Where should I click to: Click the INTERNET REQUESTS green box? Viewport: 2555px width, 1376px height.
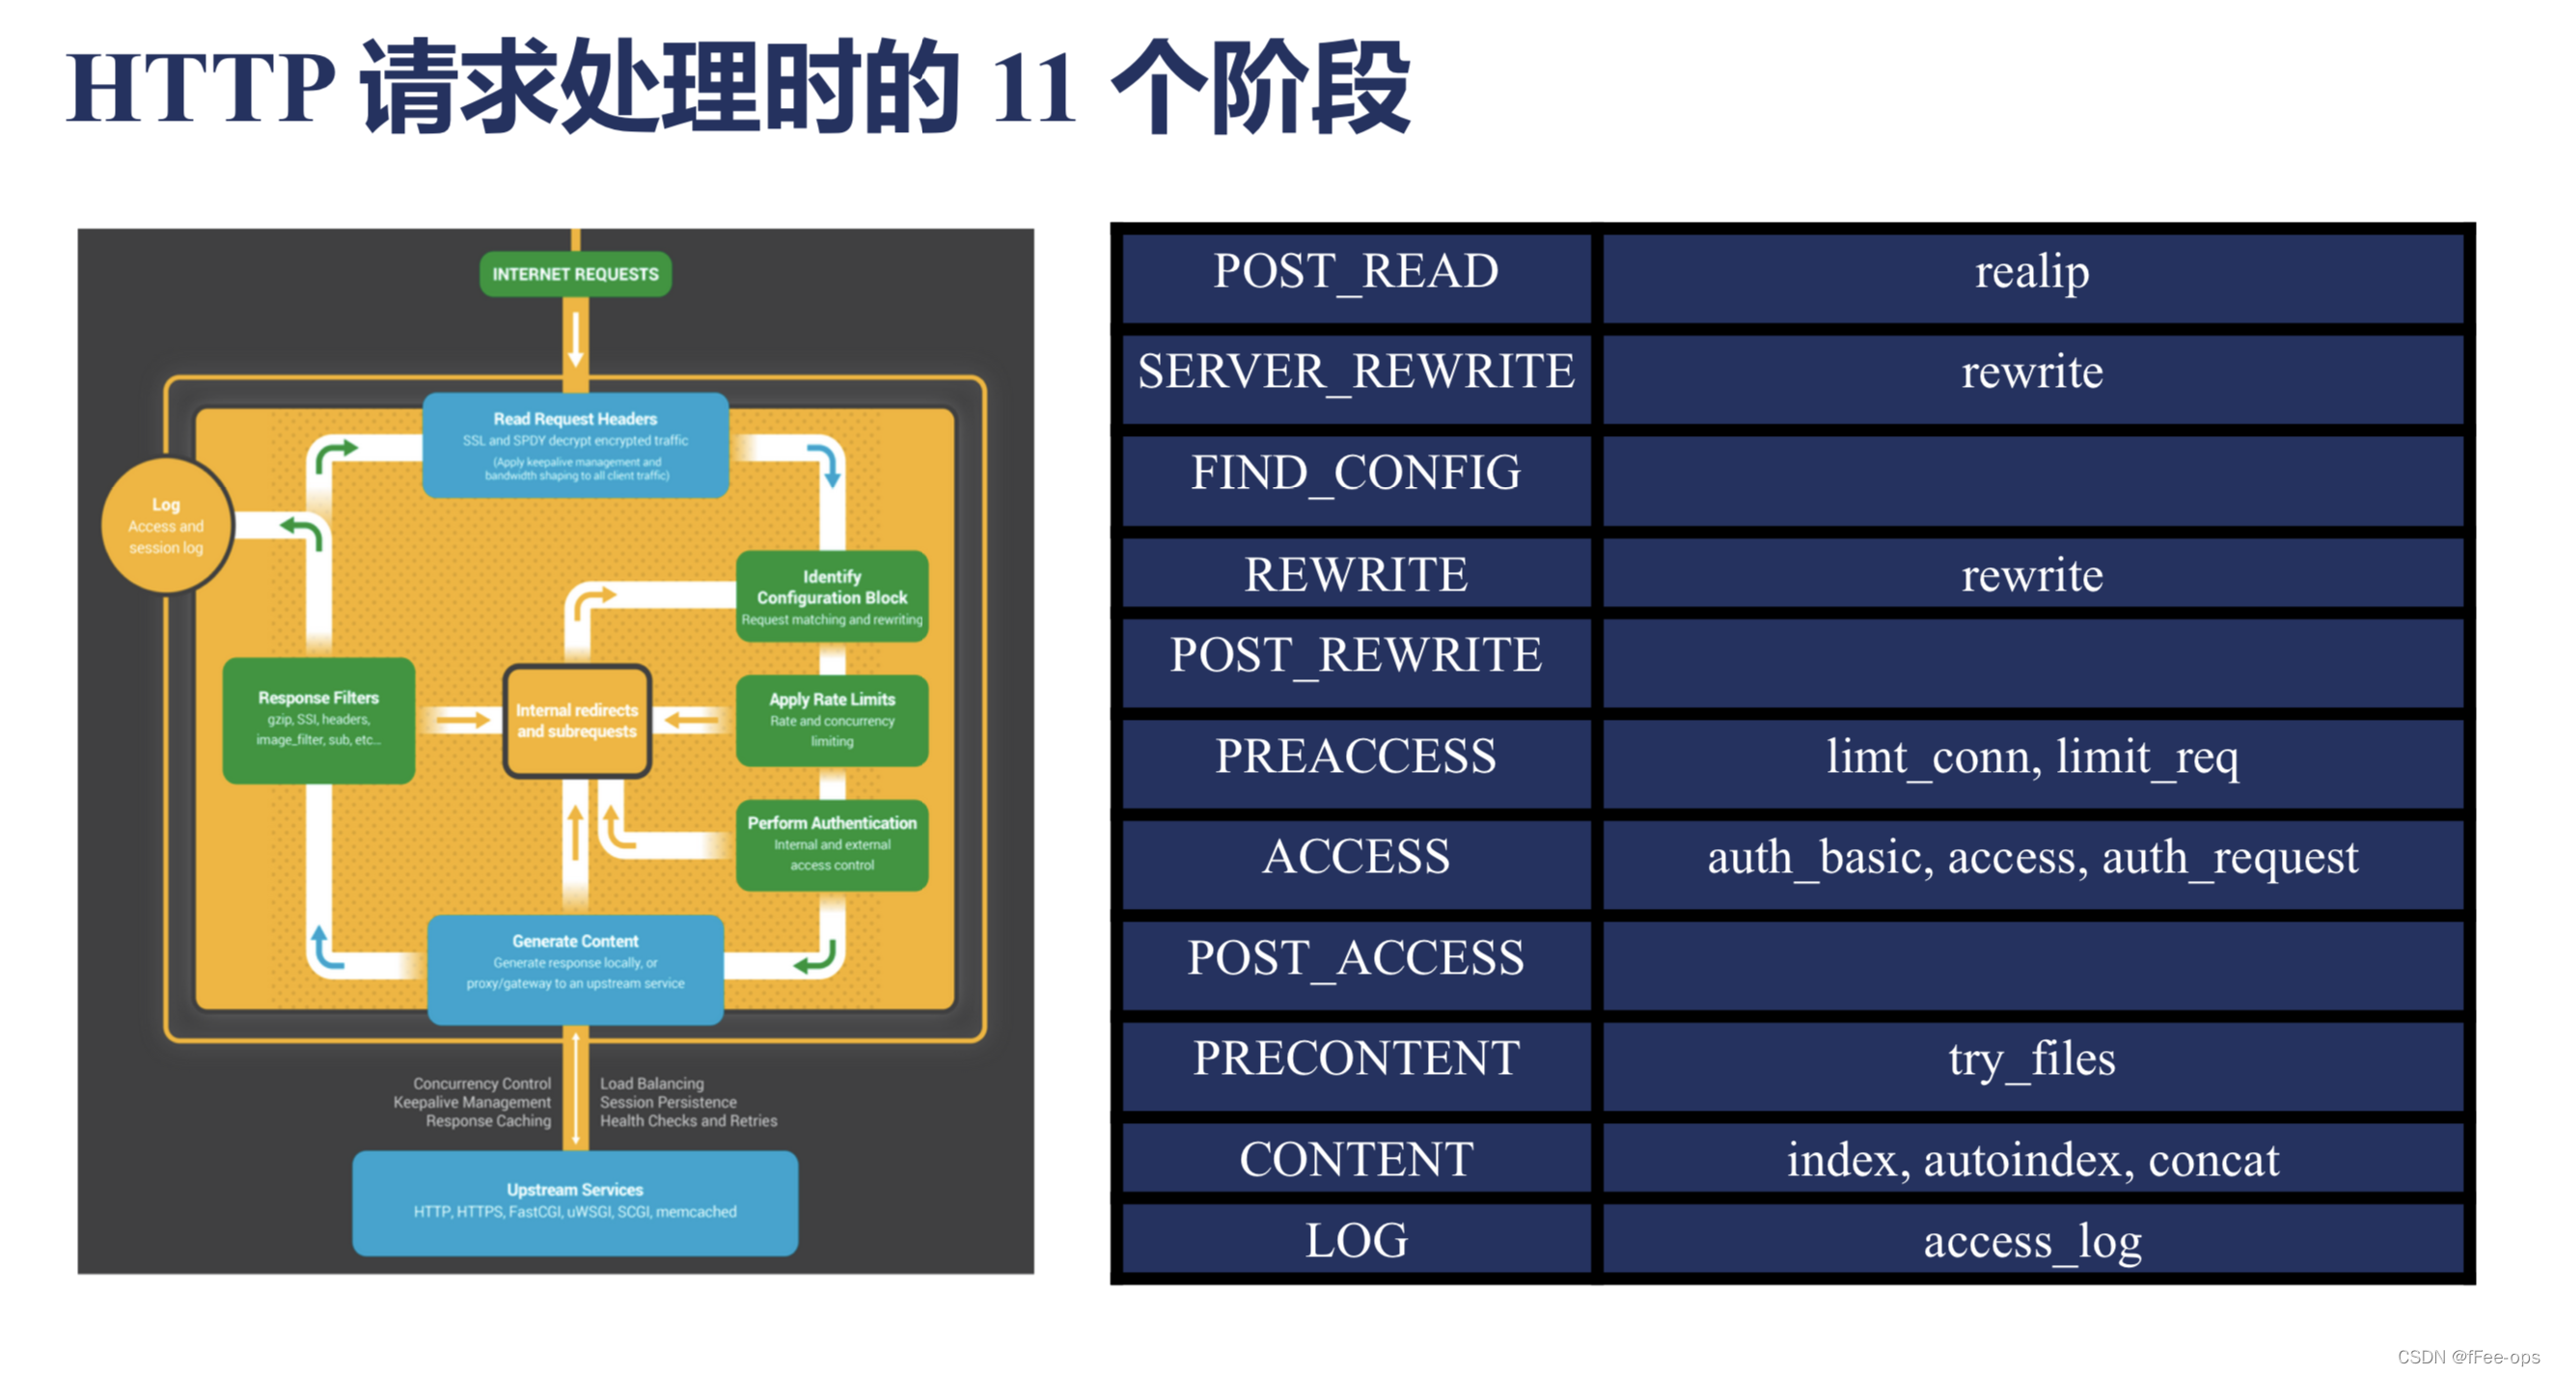point(575,274)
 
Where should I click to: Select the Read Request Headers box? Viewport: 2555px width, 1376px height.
point(575,445)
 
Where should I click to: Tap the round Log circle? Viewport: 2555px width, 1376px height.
point(167,525)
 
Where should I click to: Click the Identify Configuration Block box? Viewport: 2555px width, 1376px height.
point(831,596)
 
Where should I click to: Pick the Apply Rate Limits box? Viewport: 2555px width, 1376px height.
point(831,719)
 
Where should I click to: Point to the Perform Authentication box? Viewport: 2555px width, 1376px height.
point(831,843)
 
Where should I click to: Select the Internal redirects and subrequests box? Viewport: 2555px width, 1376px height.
point(576,720)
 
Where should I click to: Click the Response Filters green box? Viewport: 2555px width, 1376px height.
point(318,719)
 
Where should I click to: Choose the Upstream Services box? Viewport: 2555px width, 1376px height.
point(575,1200)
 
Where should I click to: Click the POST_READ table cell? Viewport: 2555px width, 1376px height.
point(1355,273)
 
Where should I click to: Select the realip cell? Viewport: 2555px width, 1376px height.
point(2031,273)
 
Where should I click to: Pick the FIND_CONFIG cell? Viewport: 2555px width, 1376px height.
point(1355,474)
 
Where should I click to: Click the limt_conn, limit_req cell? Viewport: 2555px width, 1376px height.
point(2031,759)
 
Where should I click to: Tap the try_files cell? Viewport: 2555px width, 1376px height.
point(2031,1060)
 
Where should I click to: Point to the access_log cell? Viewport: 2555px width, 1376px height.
point(2031,1241)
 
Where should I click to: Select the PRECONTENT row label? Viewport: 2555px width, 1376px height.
point(1355,1059)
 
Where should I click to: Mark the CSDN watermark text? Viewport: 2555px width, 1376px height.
point(2468,1356)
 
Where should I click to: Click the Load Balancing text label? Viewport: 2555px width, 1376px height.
point(651,1084)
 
